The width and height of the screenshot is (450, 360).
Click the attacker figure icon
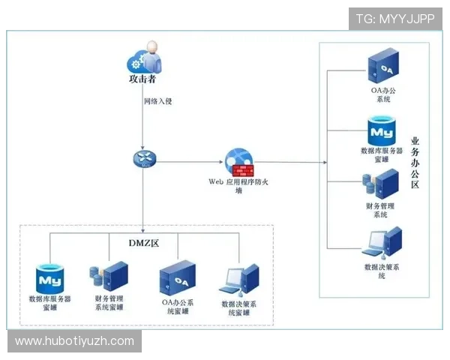(144, 58)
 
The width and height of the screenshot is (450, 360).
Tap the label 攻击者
(142, 79)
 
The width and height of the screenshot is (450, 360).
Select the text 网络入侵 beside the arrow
(157, 101)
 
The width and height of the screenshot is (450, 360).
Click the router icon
(145, 159)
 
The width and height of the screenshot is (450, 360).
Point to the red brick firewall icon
(243, 171)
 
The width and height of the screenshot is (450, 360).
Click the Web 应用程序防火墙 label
(238, 186)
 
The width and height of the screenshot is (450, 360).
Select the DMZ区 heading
(144, 243)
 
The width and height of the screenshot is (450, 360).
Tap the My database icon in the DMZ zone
(50, 278)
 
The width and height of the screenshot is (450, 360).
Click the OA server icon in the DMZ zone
(178, 278)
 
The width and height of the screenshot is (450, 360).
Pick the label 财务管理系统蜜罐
(109, 303)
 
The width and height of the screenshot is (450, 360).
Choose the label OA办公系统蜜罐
(178, 307)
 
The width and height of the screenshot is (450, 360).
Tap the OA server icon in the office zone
(383, 66)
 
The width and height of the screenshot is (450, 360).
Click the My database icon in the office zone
(382, 131)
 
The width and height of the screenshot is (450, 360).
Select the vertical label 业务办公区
(415, 163)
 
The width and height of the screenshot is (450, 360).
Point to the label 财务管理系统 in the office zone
(380, 210)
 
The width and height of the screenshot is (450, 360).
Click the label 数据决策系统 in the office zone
(382, 271)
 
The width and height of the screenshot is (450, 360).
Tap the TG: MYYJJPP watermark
(395, 19)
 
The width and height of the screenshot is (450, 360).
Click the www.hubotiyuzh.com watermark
(74, 341)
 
